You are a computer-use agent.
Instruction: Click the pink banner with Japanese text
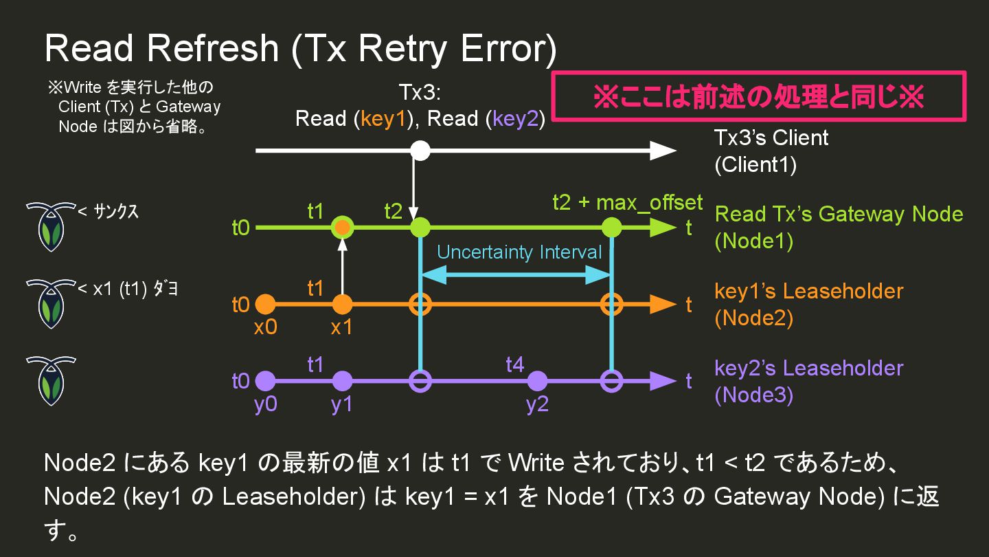(759, 97)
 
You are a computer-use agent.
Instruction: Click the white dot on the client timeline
(420, 151)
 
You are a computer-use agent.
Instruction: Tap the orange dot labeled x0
(265, 304)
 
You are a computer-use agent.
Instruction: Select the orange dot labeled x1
(342, 304)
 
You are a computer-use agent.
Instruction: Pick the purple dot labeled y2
(537, 381)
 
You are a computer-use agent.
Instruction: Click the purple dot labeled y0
(265, 381)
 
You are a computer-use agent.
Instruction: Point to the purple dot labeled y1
(342, 381)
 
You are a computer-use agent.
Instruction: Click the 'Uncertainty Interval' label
(519, 252)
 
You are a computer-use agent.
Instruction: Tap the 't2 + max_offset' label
(627, 202)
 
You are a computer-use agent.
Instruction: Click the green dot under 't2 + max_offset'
(611, 227)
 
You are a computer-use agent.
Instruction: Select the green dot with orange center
(342, 227)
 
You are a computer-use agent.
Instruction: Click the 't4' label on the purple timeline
(515, 364)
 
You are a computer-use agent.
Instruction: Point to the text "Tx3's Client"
(771, 138)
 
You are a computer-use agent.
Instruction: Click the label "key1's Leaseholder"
(808, 291)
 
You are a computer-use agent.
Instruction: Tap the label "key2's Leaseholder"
(808, 368)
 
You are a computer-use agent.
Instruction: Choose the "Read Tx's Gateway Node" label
(839, 214)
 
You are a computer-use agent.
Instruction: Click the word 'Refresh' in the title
(212, 48)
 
